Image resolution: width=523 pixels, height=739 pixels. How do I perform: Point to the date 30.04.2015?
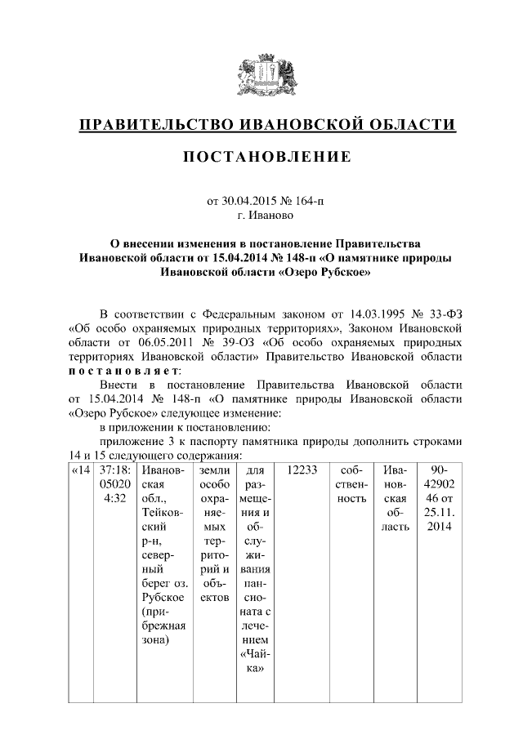click(249, 201)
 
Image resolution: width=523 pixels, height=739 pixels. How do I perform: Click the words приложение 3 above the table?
click(136, 441)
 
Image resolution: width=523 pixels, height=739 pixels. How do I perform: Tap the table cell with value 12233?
click(302, 471)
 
